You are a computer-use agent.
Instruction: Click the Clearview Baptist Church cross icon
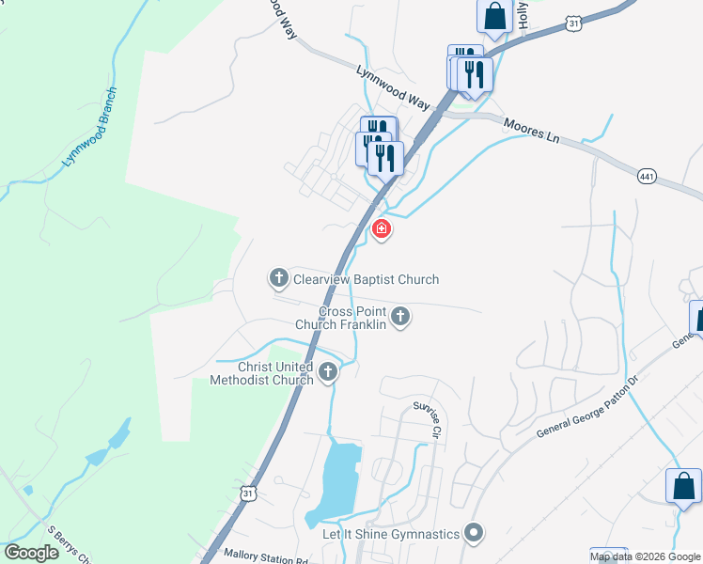(x=278, y=278)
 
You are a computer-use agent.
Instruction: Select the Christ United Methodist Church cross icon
(x=328, y=372)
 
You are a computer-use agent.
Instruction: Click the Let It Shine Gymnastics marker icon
(x=474, y=534)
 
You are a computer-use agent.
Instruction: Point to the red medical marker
(x=382, y=228)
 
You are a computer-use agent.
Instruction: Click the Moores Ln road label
(x=532, y=130)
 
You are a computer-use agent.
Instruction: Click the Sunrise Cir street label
(x=429, y=418)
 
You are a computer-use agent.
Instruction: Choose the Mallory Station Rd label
(x=266, y=558)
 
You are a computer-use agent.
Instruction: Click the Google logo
(x=31, y=553)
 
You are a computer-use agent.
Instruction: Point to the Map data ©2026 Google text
(x=646, y=556)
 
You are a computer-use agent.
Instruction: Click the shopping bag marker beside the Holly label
(x=494, y=16)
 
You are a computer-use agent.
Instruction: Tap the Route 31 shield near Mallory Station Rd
(x=247, y=493)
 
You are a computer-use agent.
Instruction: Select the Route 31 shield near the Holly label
(x=574, y=22)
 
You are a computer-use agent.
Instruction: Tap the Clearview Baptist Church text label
(x=366, y=279)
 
